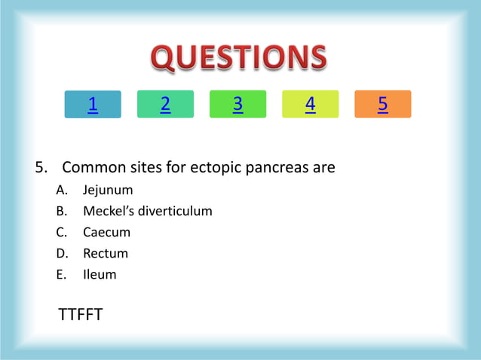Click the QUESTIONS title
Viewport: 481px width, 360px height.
click(x=240, y=58)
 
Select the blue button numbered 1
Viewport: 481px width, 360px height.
click(x=93, y=105)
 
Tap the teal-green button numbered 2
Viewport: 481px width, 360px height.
click(x=165, y=105)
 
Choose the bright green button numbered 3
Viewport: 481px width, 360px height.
click(x=237, y=105)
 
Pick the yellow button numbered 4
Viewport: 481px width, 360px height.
click(x=310, y=105)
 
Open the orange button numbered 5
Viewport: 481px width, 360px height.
click(x=382, y=105)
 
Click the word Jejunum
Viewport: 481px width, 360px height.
click(x=108, y=191)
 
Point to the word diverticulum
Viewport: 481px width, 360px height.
click(x=176, y=211)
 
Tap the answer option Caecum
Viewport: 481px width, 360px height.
click(x=106, y=232)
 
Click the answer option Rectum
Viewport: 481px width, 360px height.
click(x=106, y=253)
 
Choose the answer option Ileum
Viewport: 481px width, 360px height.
click(x=100, y=274)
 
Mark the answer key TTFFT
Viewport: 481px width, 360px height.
click(x=81, y=314)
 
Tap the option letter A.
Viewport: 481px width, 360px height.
click(x=60, y=191)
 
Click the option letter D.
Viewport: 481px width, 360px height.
click(x=60, y=253)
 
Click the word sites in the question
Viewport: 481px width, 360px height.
click(x=147, y=167)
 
